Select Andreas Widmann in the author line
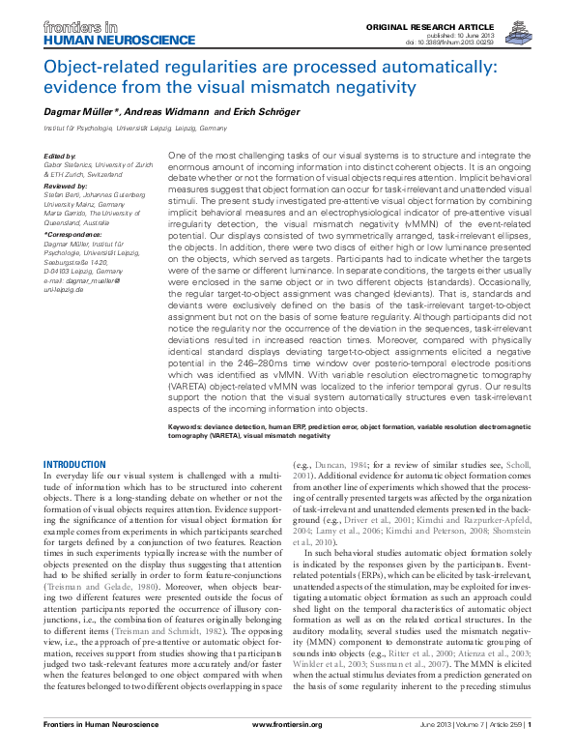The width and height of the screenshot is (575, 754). pyautogui.click(x=168, y=112)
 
